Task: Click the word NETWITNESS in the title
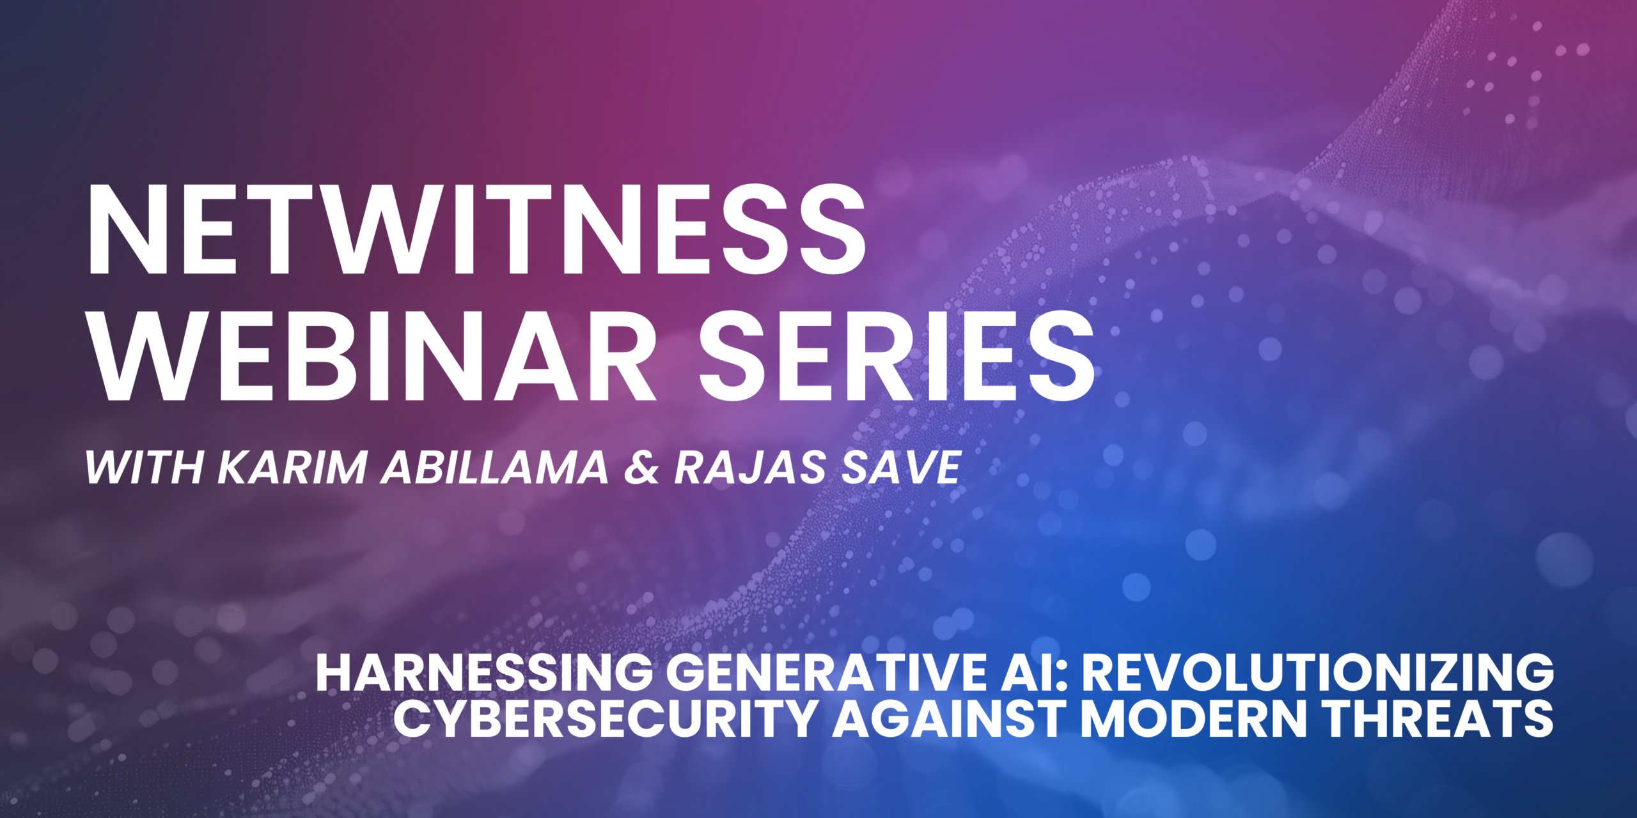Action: pyautogui.click(x=477, y=231)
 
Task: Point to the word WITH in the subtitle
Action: pyautogui.click(x=144, y=467)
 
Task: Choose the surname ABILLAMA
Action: pyautogui.click(x=495, y=467)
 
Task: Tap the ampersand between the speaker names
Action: pyautogui.click(x=641, y=467)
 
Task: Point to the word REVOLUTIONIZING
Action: pyautogui.click(x=1317, y=673)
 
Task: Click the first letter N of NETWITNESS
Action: pyautogui.click(x=128, y=231)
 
